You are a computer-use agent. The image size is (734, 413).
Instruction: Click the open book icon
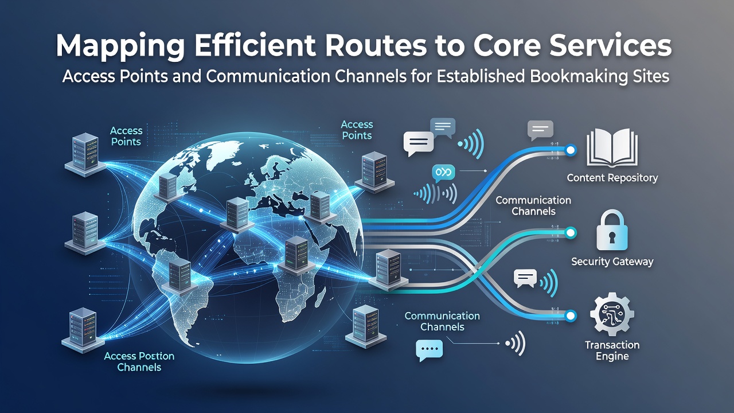pyautogui.click(x=612, y=147)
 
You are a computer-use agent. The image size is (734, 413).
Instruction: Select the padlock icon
pyautogui.click(x=612, y=230)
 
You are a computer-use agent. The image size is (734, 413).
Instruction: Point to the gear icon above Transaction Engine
pyautogui.click(x=612, y=314)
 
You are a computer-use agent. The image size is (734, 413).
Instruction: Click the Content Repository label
pyautogui.click(x=612, y=178)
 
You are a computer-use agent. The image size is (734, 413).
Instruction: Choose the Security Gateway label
pyautogui.click(x=612, y=262)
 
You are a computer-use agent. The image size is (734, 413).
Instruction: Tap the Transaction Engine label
pyautogui.click(x=612, y=350)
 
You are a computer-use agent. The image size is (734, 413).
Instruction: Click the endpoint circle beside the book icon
pyautogui.click(x=571, y=150)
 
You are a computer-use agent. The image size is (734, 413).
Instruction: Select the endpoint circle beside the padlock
pyautogui.click(x=571, y=233)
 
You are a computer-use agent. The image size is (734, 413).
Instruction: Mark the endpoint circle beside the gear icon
pyautogui.click(x=571, y=315)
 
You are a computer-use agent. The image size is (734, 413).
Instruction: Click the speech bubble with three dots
pyautogui.click(x=429, y=350)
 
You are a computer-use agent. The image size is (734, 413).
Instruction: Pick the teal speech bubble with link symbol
pyautogui.click(x=443, y=173)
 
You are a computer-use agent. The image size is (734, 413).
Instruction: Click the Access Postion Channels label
pyautogui.click(x=139, y=361)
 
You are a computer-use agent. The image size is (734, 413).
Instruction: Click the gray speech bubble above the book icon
pyautogui.click(x=540, y=130)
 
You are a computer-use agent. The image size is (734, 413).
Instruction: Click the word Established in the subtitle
pyautogui.click(x=481, y=77)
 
